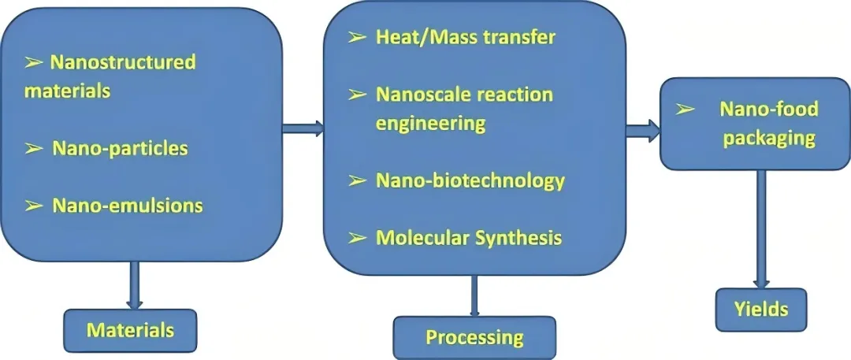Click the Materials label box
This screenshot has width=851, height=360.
point(130,329)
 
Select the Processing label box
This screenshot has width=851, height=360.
point(474,338)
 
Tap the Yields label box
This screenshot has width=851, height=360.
point(761,309)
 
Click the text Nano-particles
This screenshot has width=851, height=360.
point(120,148)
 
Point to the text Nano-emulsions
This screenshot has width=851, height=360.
point(128,206)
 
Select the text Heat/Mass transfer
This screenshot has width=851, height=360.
point(466,37)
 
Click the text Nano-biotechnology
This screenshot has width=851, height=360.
point(470,180)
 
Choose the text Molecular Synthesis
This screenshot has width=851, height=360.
point(469,237)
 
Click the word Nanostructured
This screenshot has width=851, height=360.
point(123,61)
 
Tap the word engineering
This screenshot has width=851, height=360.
point(429,123)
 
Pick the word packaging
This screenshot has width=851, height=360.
point(758,138)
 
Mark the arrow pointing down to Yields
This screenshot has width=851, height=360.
point(760,228)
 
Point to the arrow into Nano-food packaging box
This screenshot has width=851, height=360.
point(642,130)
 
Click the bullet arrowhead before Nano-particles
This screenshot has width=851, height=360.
point(34,148)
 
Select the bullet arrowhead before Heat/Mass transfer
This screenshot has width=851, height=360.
point(358,37)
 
